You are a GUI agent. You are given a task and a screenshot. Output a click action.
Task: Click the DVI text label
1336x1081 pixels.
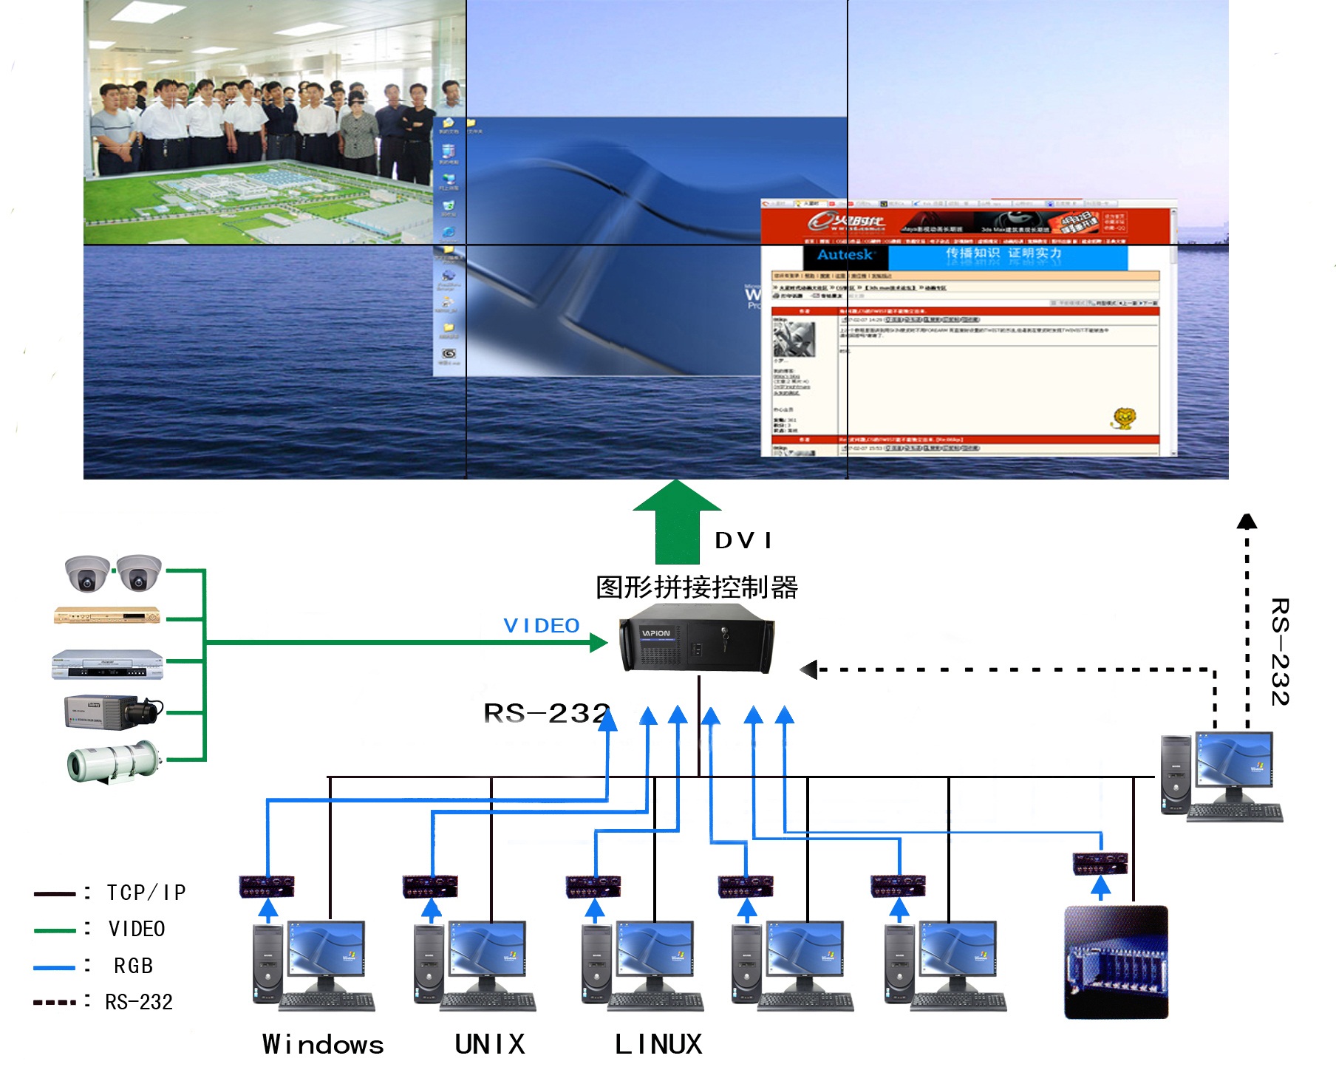pos(743,541)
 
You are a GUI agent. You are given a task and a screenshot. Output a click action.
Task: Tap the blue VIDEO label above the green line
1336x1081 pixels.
pos(541,626)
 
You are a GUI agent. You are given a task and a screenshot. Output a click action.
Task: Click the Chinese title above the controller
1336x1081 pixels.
pos(696,587)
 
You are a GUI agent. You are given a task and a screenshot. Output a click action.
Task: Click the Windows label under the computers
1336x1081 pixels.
pos(323,1044)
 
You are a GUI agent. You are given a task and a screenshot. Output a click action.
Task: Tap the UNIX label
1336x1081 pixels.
pos(489,1044)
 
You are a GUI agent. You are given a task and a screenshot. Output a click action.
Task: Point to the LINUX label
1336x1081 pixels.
pos(658,1044)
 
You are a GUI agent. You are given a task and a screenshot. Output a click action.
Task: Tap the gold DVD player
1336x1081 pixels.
pos(107,615)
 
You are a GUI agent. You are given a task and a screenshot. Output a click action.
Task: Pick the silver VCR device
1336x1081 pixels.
pos(107,664)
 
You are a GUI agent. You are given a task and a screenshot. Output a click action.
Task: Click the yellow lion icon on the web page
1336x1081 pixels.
pos(1124,419)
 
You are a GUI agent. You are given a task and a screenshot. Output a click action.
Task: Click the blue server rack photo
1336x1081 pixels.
pos(1116,962)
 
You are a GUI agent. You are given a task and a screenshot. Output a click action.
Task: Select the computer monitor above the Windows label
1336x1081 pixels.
pos(326,952)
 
